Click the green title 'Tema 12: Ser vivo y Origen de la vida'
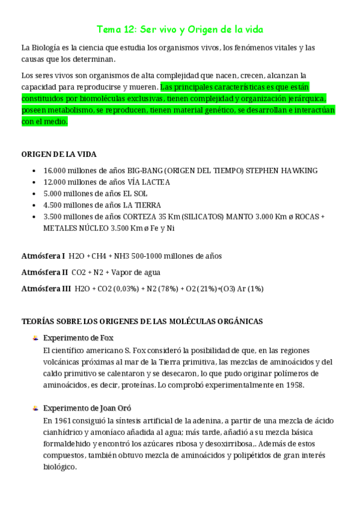[180, 29]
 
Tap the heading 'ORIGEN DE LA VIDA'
[59, 155]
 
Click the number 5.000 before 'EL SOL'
[55, 194]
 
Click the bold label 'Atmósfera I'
[43, 256]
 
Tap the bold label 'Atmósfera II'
[44, 272]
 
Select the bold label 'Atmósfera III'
[46, 289]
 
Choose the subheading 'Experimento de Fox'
[78, 337]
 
